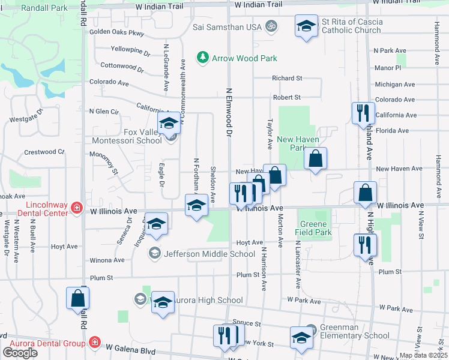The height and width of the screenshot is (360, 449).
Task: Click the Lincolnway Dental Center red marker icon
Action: [x=77, y=208]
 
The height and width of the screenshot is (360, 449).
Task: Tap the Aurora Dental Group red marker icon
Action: [x=94, y=343]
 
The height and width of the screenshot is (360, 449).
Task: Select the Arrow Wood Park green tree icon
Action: [x=203, y=58]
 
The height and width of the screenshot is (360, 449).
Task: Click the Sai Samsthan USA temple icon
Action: [x=271, y=26]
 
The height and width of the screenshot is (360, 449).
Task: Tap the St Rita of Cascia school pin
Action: [x=306, y=27]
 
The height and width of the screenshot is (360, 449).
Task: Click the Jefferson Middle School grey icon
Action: [x=155, y=253]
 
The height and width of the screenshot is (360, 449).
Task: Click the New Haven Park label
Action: [x=292, y=143]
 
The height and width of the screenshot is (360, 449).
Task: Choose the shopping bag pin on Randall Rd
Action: [x=78, y=299]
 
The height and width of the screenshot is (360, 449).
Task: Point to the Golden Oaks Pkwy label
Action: [x=117, y=34]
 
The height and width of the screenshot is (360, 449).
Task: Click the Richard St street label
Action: [x=286, y=78]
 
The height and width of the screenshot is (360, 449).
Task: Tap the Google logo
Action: [x=20, y=352]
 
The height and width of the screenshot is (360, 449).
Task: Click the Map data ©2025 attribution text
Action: [x=423, y=355]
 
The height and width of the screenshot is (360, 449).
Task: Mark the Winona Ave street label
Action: [x=106, y=260]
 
